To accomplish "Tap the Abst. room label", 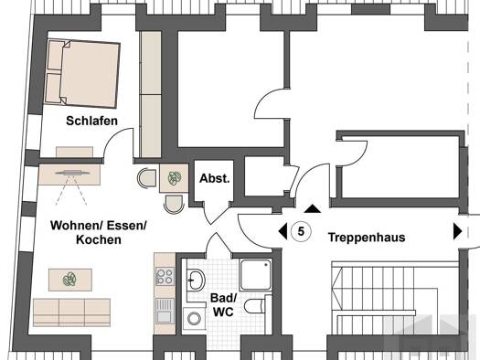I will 215,179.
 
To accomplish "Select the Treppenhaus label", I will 366,237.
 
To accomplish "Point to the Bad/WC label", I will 224,305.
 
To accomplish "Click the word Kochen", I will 99,238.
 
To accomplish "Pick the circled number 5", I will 301,231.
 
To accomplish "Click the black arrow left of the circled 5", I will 282,231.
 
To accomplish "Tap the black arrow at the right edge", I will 457,231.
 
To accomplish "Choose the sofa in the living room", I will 71,312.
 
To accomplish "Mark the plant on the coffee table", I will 69,279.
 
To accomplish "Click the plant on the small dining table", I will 174,179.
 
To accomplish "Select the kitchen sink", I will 165,305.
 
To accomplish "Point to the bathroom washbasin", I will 194,280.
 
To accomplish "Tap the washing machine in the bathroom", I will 193,318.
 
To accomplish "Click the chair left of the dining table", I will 147,178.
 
